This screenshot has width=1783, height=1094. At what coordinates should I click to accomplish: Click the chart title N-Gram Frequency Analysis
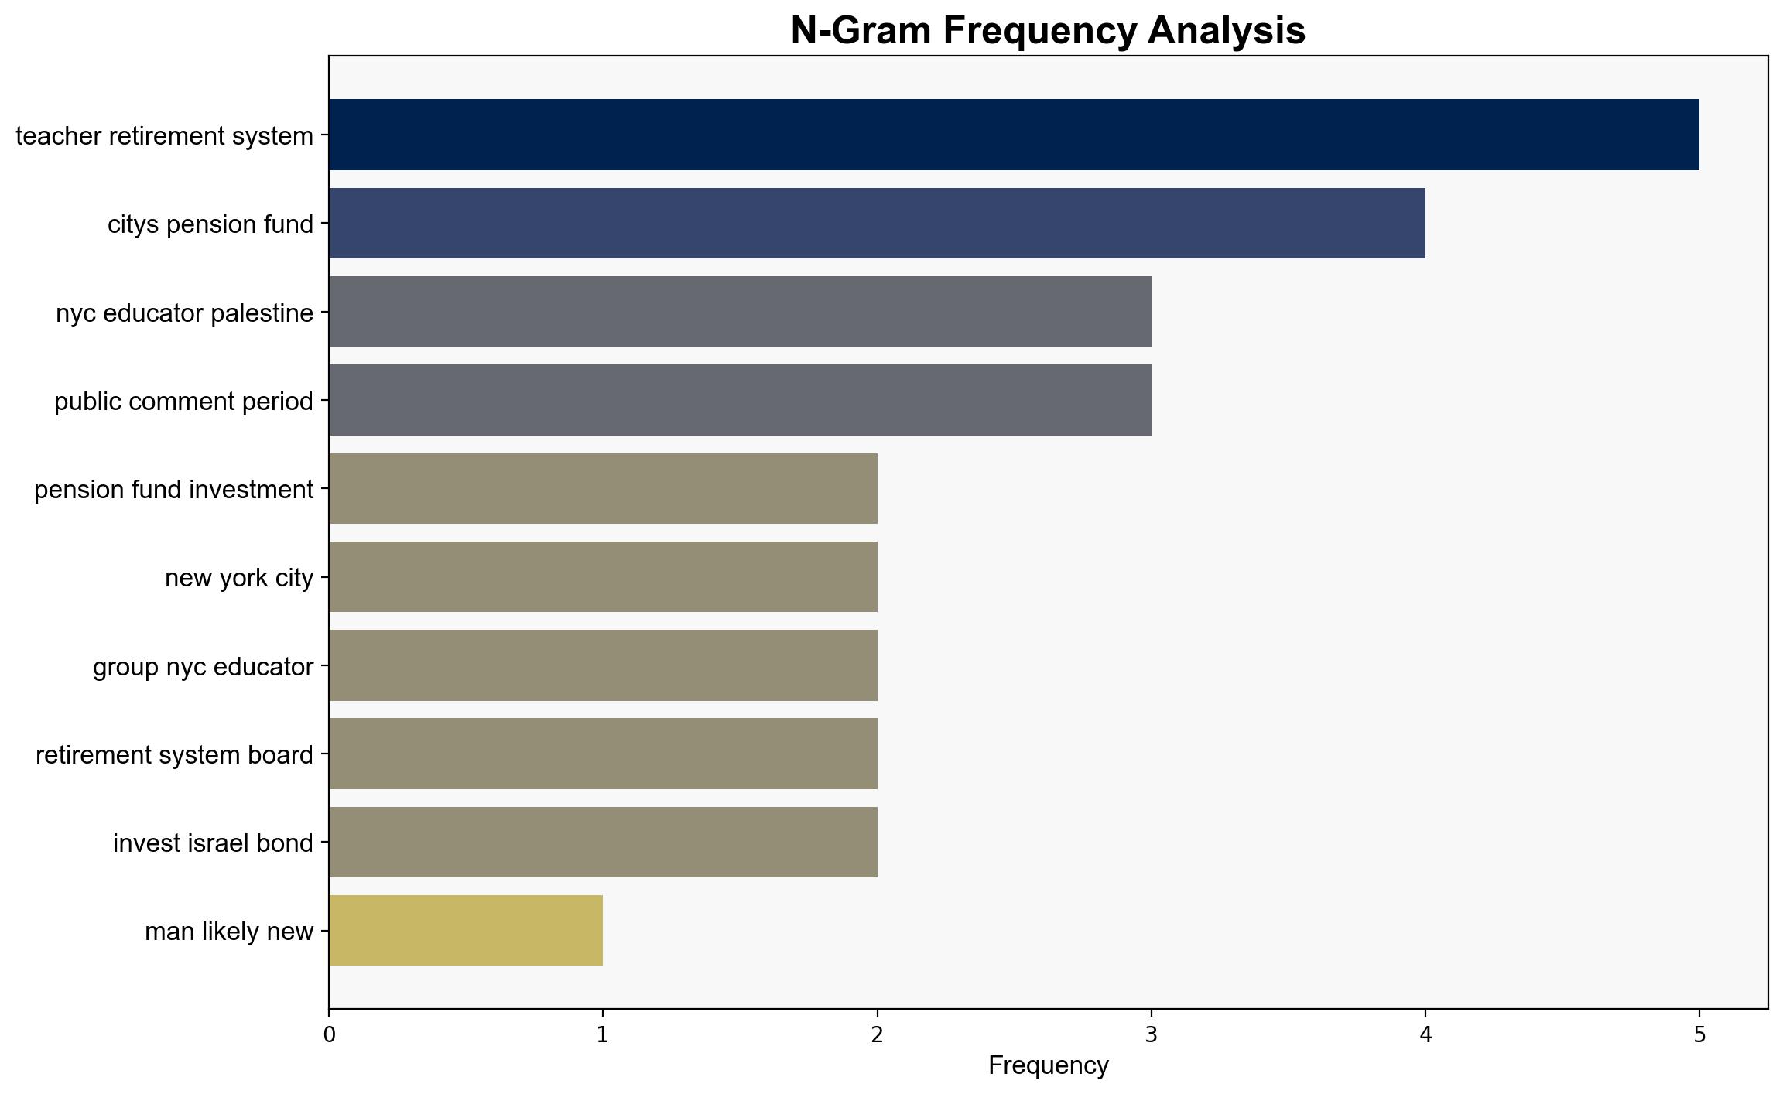pyautogui.click(x=1048, y=31)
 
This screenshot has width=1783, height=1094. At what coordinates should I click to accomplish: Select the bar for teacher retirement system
pyautogui.click(x=1014, y=135)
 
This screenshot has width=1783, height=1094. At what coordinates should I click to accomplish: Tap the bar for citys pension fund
pyautogui.click(x=877, y=223)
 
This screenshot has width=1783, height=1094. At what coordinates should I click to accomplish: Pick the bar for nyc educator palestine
pyautogui.click(x=740, y=312)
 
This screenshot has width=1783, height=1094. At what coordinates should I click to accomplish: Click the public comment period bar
pyautogui.click(x=740, y=400)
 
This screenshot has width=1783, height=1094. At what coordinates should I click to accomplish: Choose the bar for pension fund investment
pyautogui.click(x=603, y=488)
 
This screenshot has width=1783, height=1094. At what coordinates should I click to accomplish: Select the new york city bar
pyautogui.click(x=603, y=576)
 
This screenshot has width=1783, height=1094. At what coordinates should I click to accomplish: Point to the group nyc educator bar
pyautogui.click(x=603, y=665)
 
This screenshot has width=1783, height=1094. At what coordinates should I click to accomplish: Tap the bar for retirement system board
pyautogui.click(x=603, y=754)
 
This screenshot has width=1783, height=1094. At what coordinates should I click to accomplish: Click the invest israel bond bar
pyautogui.click(x=603, y=842)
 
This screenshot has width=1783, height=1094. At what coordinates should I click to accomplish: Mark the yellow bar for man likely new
pyautogui.click(x=466, y=930)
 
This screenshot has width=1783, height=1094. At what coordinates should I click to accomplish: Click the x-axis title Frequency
pyautogui.click(x=1048, y=1066)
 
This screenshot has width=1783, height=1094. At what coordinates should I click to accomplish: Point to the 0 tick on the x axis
pyautogui.click(x=330, y=1034)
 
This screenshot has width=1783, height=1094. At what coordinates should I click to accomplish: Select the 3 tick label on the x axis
pyautogui.click(x=1151, y=1034)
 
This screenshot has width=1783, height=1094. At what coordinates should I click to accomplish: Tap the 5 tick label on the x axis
pyautogui.click(x=1699, y=1034)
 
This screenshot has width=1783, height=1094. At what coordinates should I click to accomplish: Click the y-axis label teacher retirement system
pyautogui.click(x=164, y=136)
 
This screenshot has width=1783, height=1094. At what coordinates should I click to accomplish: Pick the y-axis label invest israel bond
pyautogui.click(x=213, y=843)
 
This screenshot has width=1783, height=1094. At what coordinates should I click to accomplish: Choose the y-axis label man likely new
pyautogui.click(x=229, y=932)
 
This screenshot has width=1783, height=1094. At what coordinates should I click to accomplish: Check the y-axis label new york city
pyautogui.click(x=239, y=578)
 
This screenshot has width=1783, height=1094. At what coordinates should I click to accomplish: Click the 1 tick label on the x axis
pyautogui.click(x=602, y=1034)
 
